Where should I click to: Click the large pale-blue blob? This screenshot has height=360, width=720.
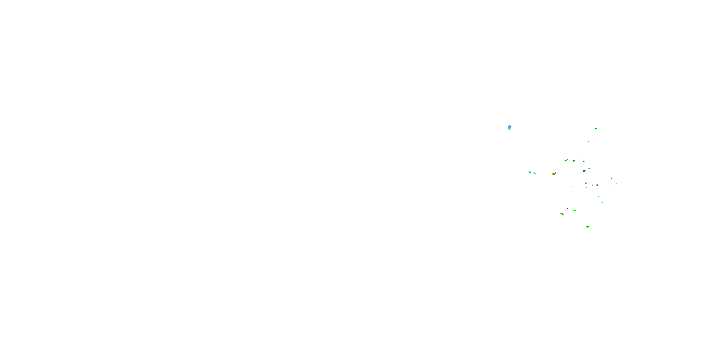pyautogui.click(x=509, y=127)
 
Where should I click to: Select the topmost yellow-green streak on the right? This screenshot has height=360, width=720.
pyautogui.click(x=596, y=129)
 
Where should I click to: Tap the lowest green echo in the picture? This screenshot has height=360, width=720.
pyautogui.click(x=587, y=227)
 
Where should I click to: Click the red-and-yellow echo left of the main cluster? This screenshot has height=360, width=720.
pyautogui.click(x=554, y=174)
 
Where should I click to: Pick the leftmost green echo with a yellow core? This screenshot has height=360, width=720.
pyautogui.click(x=530, y=173)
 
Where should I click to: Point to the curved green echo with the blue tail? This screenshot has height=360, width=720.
pyautogui.click(x=535, y=174)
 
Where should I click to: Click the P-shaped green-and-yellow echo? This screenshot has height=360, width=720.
pyautogui.click(x=574, y=161)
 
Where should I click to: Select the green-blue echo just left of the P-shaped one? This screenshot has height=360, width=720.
pyautogui.click(x=566, y=160)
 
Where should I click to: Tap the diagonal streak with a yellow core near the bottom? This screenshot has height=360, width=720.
pyautogui.click(x=562, y=214)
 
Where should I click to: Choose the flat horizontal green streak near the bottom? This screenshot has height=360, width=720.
pyautogui.click(x=574, y=210)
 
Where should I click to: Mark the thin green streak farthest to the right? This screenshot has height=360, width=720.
pyautogui.click(x=616, y=184)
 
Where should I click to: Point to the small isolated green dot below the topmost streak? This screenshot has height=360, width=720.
pyautogui.click(x=589, y=142)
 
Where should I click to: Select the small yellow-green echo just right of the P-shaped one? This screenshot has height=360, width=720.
pyautogui.click(x=584, y=162)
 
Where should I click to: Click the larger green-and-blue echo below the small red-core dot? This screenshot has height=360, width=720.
pyautogui.click(x=584, y=171)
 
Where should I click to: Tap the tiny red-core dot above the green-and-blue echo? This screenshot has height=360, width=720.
pyautogui.click(x=589, y=168)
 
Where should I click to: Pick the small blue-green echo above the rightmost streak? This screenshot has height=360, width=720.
pyautogui.click(x=611, y=178)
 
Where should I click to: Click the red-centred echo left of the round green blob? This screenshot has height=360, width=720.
pyautogui.click(x=586, y=183)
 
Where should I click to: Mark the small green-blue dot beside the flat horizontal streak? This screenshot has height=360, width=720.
pyautogui.click(x=568, y=209)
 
